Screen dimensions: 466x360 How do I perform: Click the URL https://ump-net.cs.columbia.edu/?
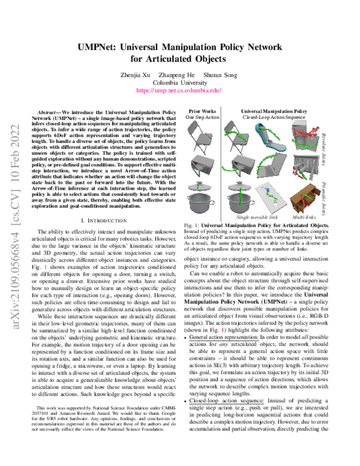click(179, 91)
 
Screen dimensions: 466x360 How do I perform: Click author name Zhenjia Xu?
click(142, 74)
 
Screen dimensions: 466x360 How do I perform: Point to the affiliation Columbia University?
click(179, 82)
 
